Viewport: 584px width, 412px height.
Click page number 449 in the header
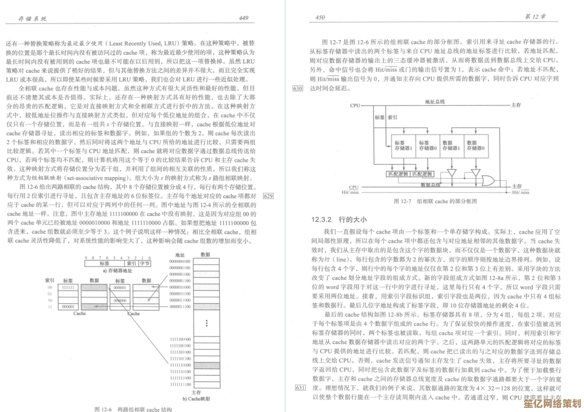point(243,18)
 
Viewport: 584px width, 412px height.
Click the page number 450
point(320,18)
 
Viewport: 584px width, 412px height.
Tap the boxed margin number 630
point(298,88)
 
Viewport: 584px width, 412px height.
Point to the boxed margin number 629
point(268,196)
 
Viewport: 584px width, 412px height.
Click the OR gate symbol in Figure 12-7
point(486,179)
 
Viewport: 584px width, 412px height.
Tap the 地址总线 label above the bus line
point(434,101)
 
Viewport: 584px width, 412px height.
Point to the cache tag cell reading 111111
point(68,287)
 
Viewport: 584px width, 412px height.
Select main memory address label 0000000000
point(180,261)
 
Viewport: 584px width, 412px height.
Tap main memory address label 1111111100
point(180,384)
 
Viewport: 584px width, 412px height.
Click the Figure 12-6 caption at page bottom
point(133,409)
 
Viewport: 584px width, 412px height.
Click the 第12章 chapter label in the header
point(536,17)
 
